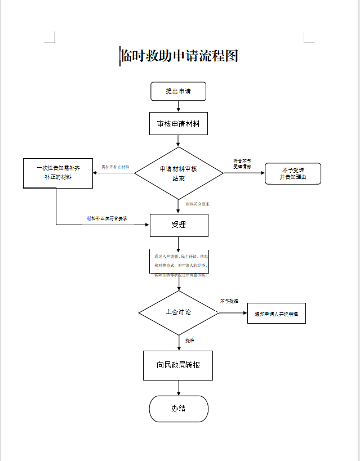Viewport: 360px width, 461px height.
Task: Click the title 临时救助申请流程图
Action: point(179,56)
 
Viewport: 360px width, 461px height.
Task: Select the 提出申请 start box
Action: point(178,91)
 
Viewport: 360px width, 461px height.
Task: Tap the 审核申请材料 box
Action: point(178,124)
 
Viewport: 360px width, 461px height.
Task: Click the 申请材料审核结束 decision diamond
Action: point(178,173)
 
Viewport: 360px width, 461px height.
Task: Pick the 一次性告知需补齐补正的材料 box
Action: point(57,173)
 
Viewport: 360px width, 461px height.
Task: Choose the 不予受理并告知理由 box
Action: point(292,173)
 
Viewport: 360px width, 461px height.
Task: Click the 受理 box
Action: point(179,225)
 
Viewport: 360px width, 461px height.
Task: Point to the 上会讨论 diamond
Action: point(178,312)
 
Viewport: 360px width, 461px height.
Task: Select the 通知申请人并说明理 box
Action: point(276,314)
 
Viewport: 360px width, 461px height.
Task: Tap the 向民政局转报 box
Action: point(178,365)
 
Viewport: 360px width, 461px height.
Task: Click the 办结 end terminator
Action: point(179,409)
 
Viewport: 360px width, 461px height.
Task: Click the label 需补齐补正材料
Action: point(115,167)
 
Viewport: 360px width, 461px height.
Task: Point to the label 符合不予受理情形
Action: point(242,164)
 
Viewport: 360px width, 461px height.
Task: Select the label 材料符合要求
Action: point(198,204)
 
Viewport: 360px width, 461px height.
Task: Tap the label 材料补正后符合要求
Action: point(106,218)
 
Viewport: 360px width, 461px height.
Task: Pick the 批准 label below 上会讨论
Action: point(190,341)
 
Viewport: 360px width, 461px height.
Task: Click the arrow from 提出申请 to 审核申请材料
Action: point(178,106)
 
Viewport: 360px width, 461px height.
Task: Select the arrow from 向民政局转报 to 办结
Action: point(179,388)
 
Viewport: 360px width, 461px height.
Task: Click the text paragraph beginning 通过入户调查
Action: point(181,265)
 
